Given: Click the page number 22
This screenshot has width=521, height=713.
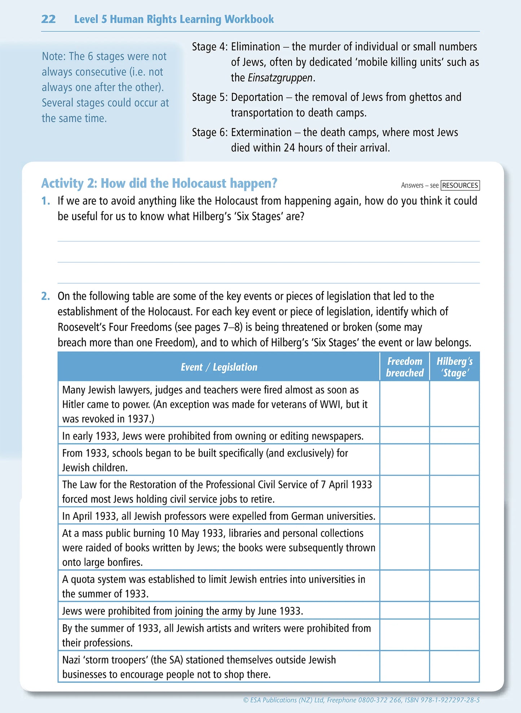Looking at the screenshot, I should (48, 19).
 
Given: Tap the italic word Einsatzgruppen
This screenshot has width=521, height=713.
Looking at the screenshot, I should (280, 78).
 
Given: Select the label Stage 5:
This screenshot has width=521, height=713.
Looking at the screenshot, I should (209, 97).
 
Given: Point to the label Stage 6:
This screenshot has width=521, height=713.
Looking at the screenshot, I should (209, 132).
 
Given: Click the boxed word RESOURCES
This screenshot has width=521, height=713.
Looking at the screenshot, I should (460, 185).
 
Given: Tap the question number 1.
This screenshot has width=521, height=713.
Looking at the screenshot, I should (45, 201).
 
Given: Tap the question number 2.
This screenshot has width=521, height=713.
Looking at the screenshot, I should (45, 296).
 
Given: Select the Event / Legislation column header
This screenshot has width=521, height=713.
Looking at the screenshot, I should (219, 367).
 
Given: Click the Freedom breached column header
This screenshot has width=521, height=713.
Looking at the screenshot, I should (405, 367).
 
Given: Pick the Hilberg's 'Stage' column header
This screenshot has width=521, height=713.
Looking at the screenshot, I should (454, 367).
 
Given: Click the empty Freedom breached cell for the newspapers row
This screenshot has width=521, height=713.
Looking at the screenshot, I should (405, 436).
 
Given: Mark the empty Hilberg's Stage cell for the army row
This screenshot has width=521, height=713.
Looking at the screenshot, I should (454, 611).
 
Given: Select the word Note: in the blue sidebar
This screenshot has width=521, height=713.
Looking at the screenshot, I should (54, 57).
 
